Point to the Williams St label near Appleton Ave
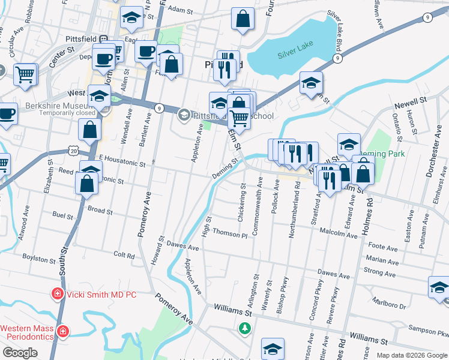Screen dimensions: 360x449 tap(232, 311)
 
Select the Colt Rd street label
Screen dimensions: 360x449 tap(124, 254)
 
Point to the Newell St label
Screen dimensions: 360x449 tap(410, 99)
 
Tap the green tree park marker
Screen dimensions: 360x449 tap(244, 328)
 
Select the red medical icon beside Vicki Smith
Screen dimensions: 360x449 tap(57, 294)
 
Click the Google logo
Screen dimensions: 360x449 tap(20, 353)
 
